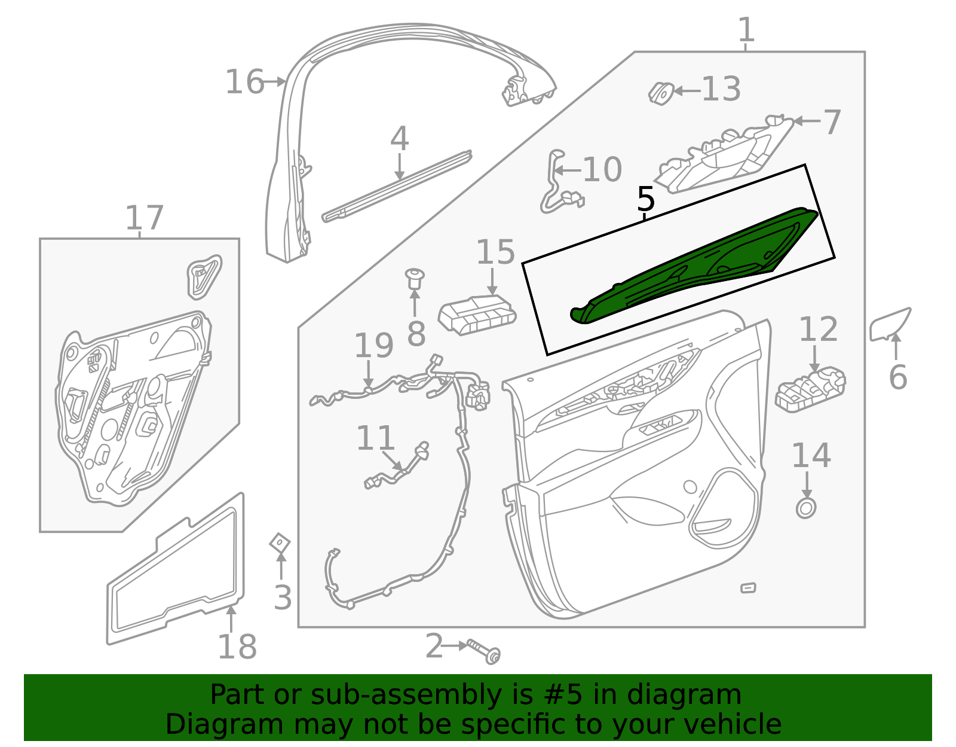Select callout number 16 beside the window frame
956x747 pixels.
(244, 82)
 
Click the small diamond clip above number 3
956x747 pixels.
(280, 542)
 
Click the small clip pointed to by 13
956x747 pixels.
(661, 93)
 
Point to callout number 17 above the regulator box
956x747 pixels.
(144, 218)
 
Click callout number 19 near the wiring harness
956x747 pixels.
(373, 346)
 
